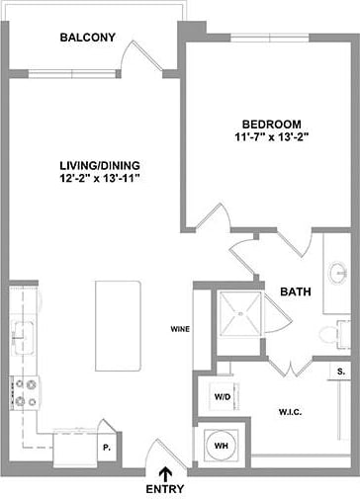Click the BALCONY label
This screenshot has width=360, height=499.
[87, 39]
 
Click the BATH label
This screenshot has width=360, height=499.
[296, 292]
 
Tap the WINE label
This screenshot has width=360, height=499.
[180, 329]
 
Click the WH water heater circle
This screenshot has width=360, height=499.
[223, 445]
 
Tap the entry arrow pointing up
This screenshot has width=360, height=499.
[165, 471]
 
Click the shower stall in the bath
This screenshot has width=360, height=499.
[242, 314]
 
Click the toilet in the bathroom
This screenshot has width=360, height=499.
[337, 334]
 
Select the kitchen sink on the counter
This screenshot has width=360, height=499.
[22, 333]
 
